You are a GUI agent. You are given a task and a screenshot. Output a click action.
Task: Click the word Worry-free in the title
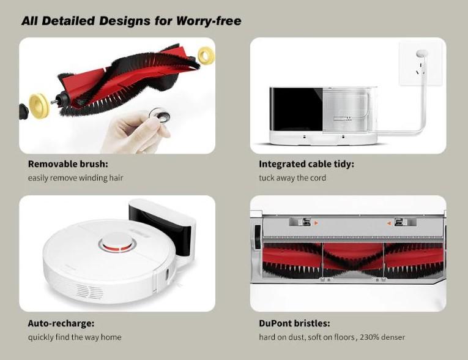[209, 21]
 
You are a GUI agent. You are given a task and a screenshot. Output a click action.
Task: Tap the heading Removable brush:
[68, 164]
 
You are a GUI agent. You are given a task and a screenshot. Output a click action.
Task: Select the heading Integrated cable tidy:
[306, 164]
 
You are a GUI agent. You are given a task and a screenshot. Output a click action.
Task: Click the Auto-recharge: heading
[61, 323]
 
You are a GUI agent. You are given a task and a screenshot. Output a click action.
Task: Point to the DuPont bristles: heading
[295, 323]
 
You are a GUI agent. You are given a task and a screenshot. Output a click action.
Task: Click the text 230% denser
[382, 337]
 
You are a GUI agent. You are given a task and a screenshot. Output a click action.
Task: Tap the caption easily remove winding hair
[75, 178]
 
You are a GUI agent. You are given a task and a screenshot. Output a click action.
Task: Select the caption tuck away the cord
[292, 178]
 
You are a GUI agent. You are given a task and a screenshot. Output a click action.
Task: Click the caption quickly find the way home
[75, 337]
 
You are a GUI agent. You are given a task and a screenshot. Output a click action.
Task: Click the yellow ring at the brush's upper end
[206, 54]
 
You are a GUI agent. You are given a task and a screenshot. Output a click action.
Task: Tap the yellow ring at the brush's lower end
[39, 105]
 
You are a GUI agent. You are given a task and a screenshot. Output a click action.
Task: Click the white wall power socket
[421, 63]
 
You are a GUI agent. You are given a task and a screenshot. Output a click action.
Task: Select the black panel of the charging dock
[296, 110]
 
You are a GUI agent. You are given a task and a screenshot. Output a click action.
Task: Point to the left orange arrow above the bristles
[316, 223]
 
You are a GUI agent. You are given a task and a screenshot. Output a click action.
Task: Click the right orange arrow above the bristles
[389, 223]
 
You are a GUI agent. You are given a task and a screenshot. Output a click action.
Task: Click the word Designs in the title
[125, 21]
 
